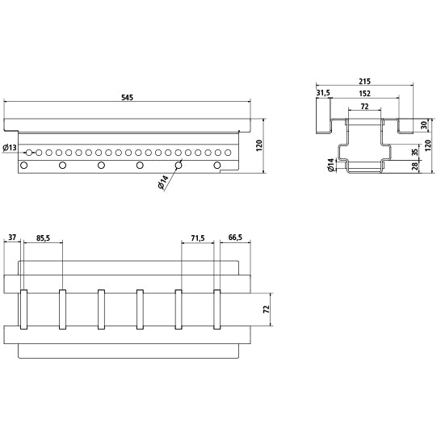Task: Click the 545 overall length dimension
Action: click(127, 98)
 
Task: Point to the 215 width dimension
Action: click(365, 82)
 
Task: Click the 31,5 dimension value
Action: click(324, 93)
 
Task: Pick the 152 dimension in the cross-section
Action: click(365, 93)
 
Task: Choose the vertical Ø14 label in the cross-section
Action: click(331, 166)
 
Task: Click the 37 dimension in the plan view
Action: click(12, 237)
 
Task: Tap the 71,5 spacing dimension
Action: click(196, 237)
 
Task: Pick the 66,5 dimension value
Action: click(235, 237)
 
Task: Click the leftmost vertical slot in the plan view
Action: click(24, 309)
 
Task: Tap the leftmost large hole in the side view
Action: click(24, 166)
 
